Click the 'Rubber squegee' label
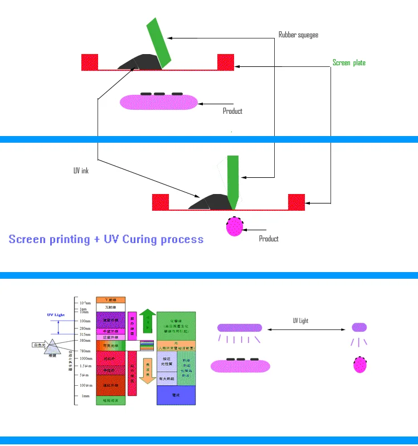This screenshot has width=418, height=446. (x=298, y=35)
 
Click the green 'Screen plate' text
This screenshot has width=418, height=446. (x=349, y=62)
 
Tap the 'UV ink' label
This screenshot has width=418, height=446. (x=81, y=171)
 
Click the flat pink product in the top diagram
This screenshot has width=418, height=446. (x=159, y=101)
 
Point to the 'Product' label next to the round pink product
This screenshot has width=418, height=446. (x=269, y=239)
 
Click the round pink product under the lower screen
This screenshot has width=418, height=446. (x=236, y=226)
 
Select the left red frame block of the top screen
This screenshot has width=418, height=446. (x=90, y=61)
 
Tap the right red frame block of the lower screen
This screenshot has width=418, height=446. (x=296, y=201)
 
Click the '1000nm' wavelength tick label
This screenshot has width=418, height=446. (x=85, y=358)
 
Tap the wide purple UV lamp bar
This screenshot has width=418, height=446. (x=240, y=328)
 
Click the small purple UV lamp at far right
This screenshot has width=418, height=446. (x=359, y=327)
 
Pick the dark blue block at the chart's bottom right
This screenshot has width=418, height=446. (x=176, y=394)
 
